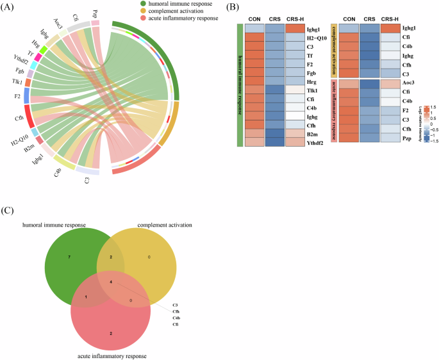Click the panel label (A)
click(8, 6)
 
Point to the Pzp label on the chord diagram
click(95, 13)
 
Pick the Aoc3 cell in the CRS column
click(369, 84)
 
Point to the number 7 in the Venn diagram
click(69, 257)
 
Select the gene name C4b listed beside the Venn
click(175, 318)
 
